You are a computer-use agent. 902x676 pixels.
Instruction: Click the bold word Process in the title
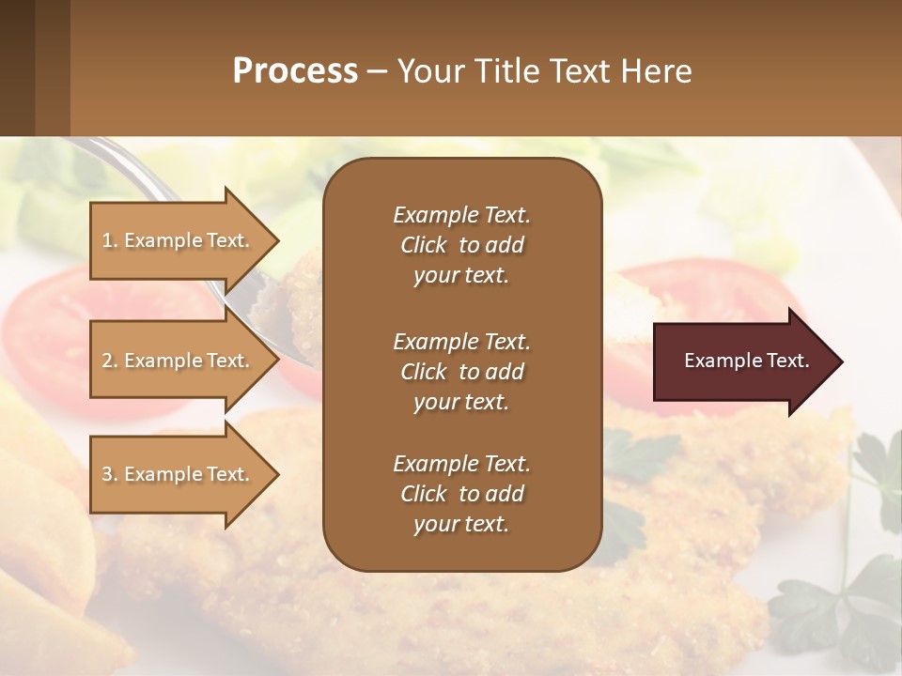pos(295,71)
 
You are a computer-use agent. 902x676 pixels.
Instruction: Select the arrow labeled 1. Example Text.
pos(179,240)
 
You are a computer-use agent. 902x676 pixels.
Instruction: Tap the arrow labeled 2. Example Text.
pos(179,361)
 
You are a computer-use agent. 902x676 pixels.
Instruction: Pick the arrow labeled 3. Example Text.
pos(179,474)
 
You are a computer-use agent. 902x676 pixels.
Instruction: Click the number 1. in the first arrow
pos(110,240)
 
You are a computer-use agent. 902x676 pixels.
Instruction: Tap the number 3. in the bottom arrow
pos(110,474)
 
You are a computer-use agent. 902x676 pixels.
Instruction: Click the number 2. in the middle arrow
pos(110,361)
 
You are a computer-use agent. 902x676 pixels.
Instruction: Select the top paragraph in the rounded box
pos(461,245)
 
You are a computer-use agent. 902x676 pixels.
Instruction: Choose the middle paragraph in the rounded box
pos(461,372)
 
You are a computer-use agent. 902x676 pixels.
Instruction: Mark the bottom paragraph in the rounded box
pos(461,494)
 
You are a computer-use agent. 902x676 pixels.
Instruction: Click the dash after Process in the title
pos(378,72)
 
